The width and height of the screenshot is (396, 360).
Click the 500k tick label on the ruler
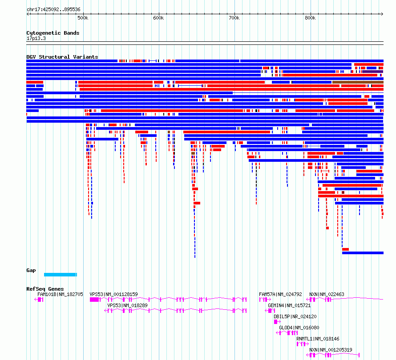point(83,18)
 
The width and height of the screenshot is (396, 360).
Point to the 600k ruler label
point(158,18)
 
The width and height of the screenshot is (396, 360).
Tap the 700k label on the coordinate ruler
point(234,18)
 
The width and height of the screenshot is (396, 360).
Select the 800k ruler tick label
point(310,18)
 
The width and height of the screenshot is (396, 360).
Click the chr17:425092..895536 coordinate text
point(53,9)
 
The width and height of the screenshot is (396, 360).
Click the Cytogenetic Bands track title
point(53,33)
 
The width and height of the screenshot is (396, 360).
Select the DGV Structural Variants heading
point(62,57)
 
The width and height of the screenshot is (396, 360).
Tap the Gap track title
point(31,270)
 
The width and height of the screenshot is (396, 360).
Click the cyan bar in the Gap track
point(61,275)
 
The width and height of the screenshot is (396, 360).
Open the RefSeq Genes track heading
point(45,289)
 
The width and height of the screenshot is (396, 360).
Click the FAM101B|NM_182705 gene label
point(60,294)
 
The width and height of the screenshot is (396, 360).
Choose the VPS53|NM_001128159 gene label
point(113,294)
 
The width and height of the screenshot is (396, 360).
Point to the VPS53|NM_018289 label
point(127,305)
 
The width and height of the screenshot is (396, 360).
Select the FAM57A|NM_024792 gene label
point(280,294)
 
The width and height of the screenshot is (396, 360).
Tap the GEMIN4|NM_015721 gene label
point(289,305)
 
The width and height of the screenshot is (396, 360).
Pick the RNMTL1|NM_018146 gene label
point(318,339)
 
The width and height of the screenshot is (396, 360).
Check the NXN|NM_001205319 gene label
point(331,350)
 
